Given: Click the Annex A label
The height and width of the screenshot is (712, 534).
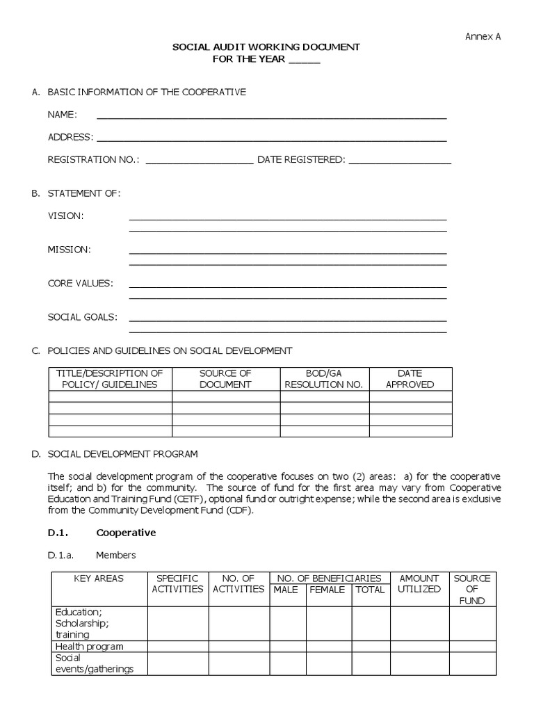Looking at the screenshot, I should (483, 37).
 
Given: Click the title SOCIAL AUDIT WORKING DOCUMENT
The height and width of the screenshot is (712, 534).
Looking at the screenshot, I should (266, 47).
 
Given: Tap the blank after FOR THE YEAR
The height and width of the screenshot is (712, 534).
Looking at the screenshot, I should (305, 59).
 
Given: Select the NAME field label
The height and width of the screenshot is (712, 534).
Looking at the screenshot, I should (62, 115).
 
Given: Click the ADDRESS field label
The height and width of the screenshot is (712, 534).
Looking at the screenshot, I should (70, 137).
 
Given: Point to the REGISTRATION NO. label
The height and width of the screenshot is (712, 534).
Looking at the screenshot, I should (93, 159).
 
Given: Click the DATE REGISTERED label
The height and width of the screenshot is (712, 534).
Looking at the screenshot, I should (300, 159).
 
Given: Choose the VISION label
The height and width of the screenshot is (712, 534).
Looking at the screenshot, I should (65, 216).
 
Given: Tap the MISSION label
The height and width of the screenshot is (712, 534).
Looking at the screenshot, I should (69, 249).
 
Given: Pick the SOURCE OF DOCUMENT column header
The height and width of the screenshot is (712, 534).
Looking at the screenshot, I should (225, 379).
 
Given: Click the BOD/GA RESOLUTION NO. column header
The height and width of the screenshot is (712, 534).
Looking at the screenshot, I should (324, 379).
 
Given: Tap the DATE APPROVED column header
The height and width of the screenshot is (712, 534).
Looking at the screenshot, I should (410, 379).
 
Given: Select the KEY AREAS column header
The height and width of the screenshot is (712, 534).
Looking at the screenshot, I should (99, 578).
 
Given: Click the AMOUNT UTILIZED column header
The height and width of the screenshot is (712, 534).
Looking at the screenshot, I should (419, 583).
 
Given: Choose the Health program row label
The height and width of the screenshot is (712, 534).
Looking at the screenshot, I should (89, 646).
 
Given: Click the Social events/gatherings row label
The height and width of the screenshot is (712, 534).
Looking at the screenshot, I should (94, 663).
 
